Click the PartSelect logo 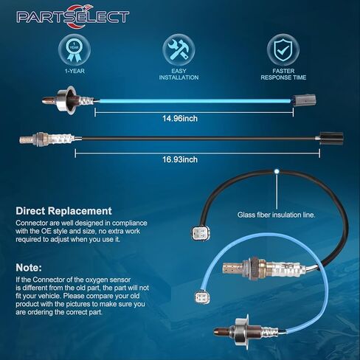tap(73, 17)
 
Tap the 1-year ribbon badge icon tap(75, 50)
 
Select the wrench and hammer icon tap(179, 50)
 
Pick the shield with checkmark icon tap(283, 50)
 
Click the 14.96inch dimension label tap(180, 119)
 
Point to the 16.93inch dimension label tap(180, 159)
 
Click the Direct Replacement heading tap(63, 211)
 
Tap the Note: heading tap(29, 268)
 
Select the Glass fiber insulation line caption tap(276, 215)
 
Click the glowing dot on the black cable tap(277, 171)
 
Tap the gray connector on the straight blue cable tap(304, 100)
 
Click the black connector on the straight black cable tap(331, 139)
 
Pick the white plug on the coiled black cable tap(201, 233)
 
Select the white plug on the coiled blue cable tap(202, 297)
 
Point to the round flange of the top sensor tap(66, 100)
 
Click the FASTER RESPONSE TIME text tap(283, 75)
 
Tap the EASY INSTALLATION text tap(179, 75)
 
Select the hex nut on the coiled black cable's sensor tap(253, 268)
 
